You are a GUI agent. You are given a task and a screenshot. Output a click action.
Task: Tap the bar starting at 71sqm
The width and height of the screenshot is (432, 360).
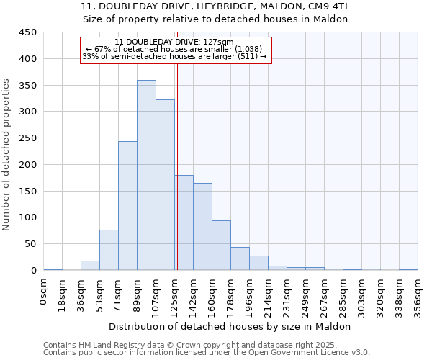[127, 206]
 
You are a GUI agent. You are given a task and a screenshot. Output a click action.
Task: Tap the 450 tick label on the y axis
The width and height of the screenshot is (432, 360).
[28, 32]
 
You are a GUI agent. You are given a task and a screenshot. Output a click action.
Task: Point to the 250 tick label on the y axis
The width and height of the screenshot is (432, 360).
[28, 138]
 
